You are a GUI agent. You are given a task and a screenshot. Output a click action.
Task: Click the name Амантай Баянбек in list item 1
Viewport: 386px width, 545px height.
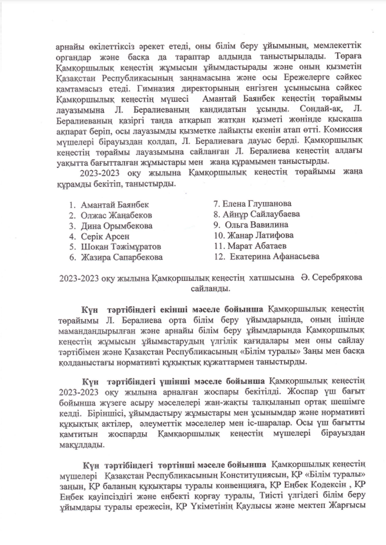click(x=115, y=205)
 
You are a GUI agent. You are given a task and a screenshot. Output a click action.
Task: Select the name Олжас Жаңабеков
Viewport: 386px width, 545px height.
click(x=116, y=215)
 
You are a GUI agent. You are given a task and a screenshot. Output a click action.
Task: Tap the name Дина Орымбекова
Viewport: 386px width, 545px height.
click(x=116, y=226)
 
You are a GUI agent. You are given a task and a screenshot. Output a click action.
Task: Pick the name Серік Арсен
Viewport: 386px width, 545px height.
click(x=105, y=236)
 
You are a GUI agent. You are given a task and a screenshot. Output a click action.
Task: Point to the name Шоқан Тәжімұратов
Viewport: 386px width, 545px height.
click(x=121, y=247)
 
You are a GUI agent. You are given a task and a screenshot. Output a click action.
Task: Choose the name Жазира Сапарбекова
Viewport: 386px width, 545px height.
click(x=122, y=257)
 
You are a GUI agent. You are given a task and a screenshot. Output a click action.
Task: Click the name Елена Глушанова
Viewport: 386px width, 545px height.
click(x=257, y=204)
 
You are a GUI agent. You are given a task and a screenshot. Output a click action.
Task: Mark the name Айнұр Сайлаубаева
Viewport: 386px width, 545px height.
click(x=261, y=214)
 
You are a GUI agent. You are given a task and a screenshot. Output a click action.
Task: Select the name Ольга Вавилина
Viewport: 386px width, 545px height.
click(x=256, y=224)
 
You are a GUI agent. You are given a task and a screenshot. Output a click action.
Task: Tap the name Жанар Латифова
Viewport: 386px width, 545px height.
click(x=260, y=235)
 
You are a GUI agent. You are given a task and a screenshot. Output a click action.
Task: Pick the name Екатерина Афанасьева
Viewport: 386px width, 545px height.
click(x=275, y=256)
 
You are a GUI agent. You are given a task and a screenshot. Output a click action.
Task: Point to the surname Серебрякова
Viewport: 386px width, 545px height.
click(x=338, y=277)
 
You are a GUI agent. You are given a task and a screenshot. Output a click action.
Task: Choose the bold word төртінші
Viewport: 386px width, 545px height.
click(x=176, y=465)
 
